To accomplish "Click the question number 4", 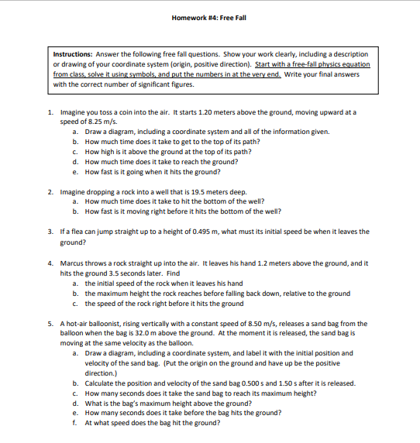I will coord(50,263).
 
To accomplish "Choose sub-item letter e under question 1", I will coord(74,172).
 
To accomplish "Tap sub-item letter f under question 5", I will coord(74,423).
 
